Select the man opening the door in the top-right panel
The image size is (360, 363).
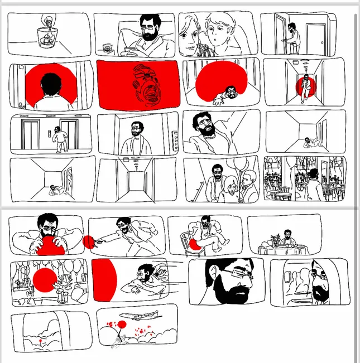click(292, 36)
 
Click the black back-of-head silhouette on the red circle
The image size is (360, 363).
click(51, 84)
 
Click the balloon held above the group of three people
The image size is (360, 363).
click(240, 165)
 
